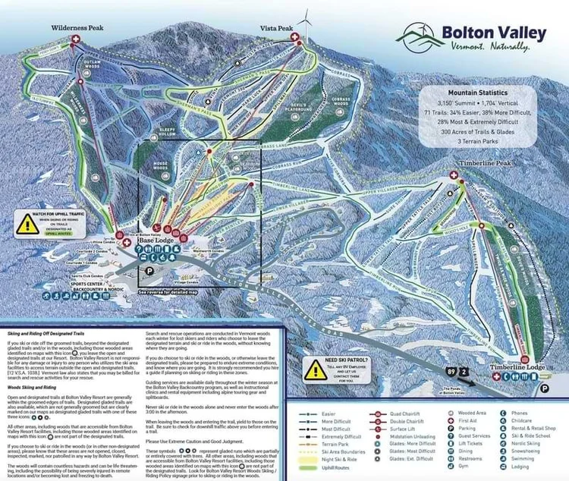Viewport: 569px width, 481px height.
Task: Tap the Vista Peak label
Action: (x=276, y=29)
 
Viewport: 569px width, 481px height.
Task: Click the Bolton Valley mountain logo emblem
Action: (x=420, y=35)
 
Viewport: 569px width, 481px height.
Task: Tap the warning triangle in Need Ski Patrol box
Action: (x=316, y=368)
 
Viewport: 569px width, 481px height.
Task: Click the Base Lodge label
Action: (x=160, y=242)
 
